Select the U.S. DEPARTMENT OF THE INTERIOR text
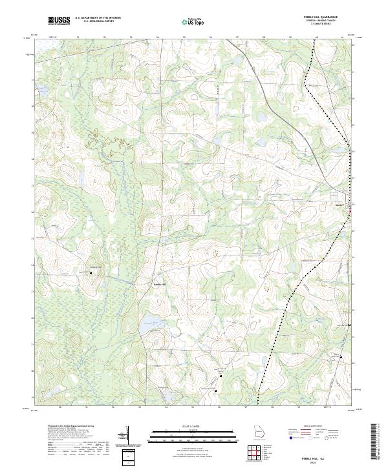(x=98, y=18)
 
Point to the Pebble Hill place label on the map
(x=160, y=284)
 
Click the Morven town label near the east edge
(x=339, y=206)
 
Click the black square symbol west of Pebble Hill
(x=91, y=272)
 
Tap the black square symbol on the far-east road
(x=350, y=325)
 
